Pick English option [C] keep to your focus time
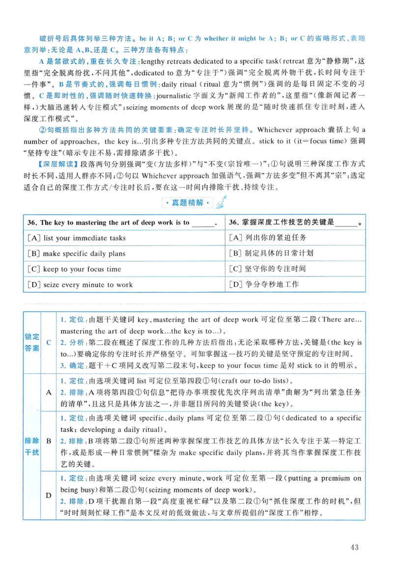[75, 269]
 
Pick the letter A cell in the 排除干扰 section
[49, 392]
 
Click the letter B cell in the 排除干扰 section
[49, 441]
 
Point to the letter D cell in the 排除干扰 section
[49, 495]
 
